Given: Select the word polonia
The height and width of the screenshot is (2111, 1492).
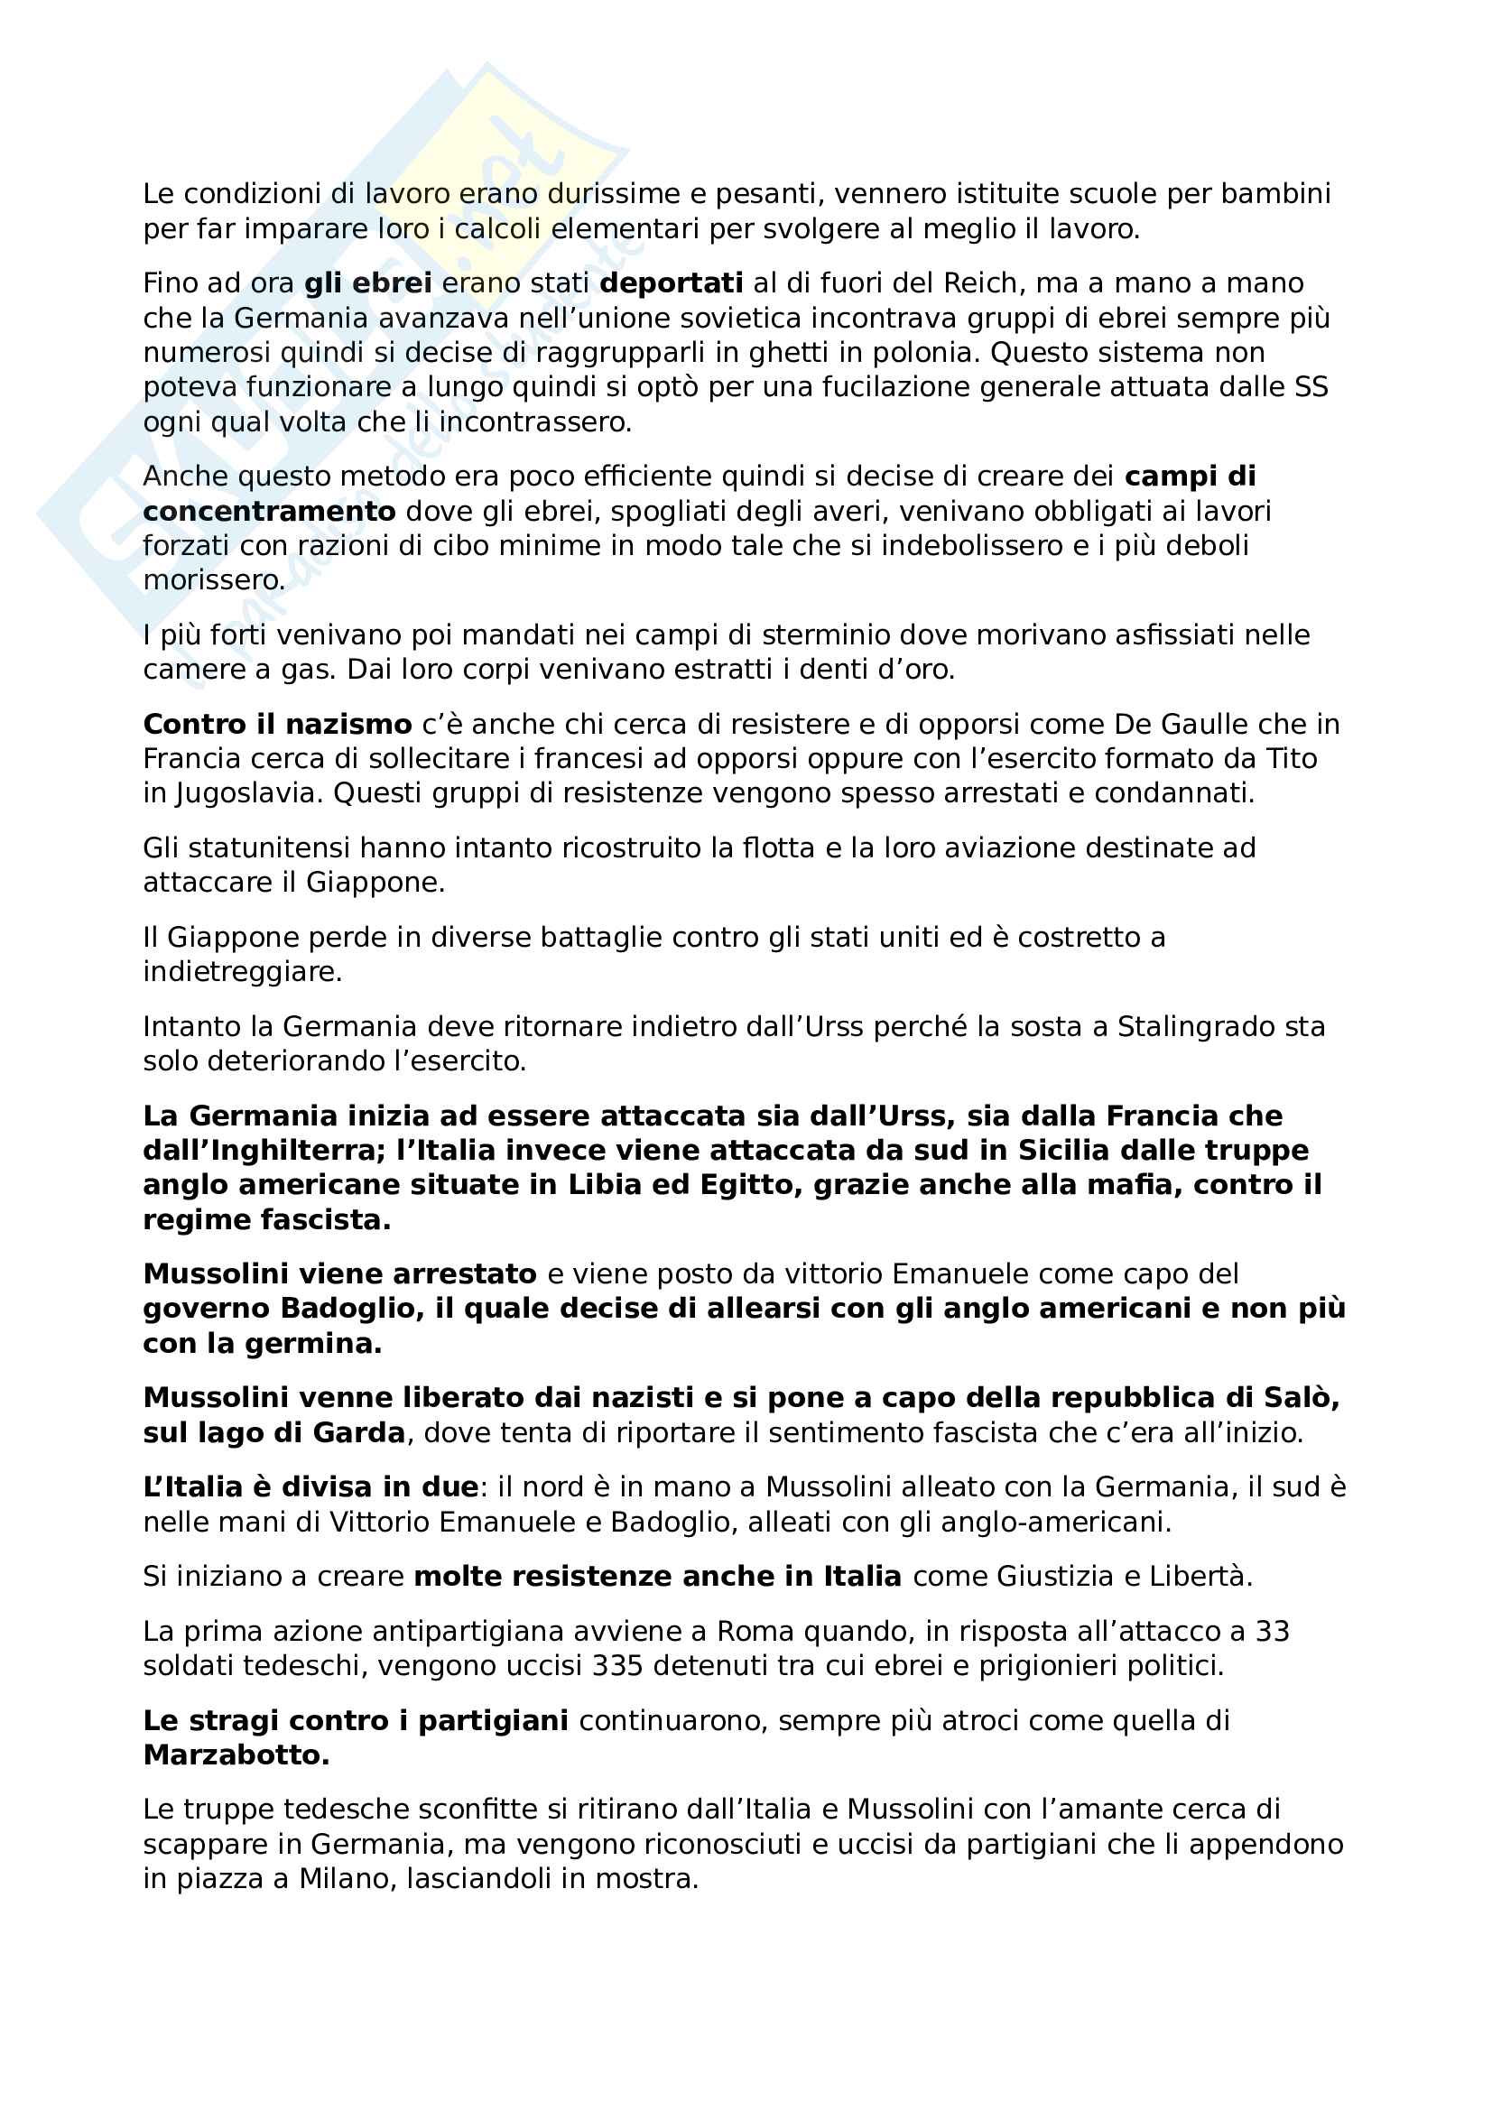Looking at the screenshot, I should [921, 352].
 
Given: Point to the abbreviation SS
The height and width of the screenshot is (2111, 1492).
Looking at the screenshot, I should [1311, 387].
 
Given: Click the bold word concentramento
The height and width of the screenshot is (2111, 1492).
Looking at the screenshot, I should [269, 511].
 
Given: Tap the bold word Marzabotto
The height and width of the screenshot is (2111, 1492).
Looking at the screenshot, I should [236, 1755].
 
